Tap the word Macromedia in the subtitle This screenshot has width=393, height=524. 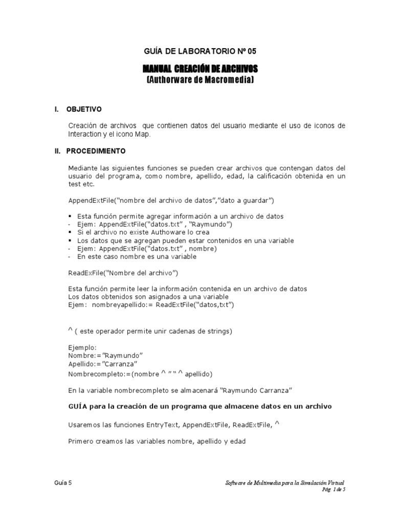(229, 80)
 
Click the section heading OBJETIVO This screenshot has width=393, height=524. (84, 110)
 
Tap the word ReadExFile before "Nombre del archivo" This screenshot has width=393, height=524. (85, 272)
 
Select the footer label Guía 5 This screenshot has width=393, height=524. (63, 483)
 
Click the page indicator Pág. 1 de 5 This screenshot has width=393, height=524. (334, 489)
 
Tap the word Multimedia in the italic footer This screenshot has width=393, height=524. (271, 483)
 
